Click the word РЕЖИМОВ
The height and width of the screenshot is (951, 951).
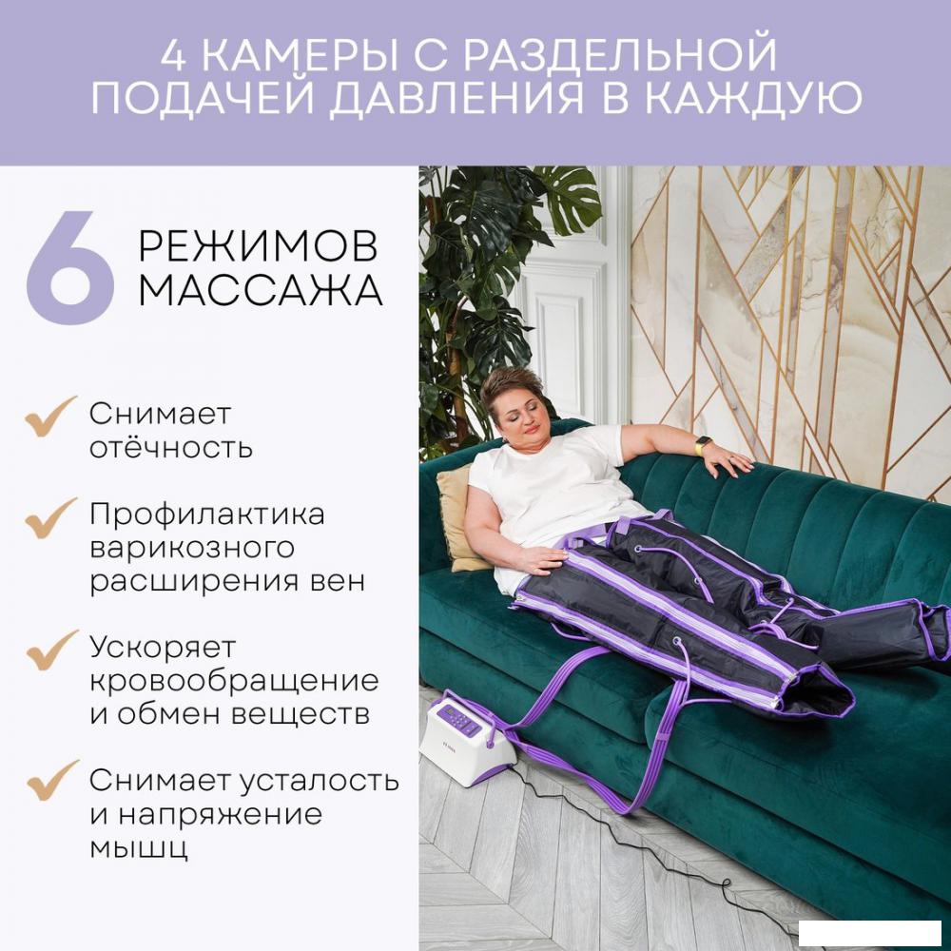(x=258, y=246)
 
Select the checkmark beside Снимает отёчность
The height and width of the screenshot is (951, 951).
(x=50, y=417)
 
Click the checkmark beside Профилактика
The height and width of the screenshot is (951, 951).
(x=50, y=516)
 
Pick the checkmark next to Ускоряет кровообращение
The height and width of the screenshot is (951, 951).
(x=50, y=650)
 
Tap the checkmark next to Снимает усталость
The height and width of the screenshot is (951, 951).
(x=50, y=782)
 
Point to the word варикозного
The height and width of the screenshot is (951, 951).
(x=191, y=549)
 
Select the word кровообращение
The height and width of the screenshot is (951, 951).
(x=234, y=682)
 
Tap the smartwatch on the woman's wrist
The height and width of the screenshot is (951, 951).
(x=704, y=445)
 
